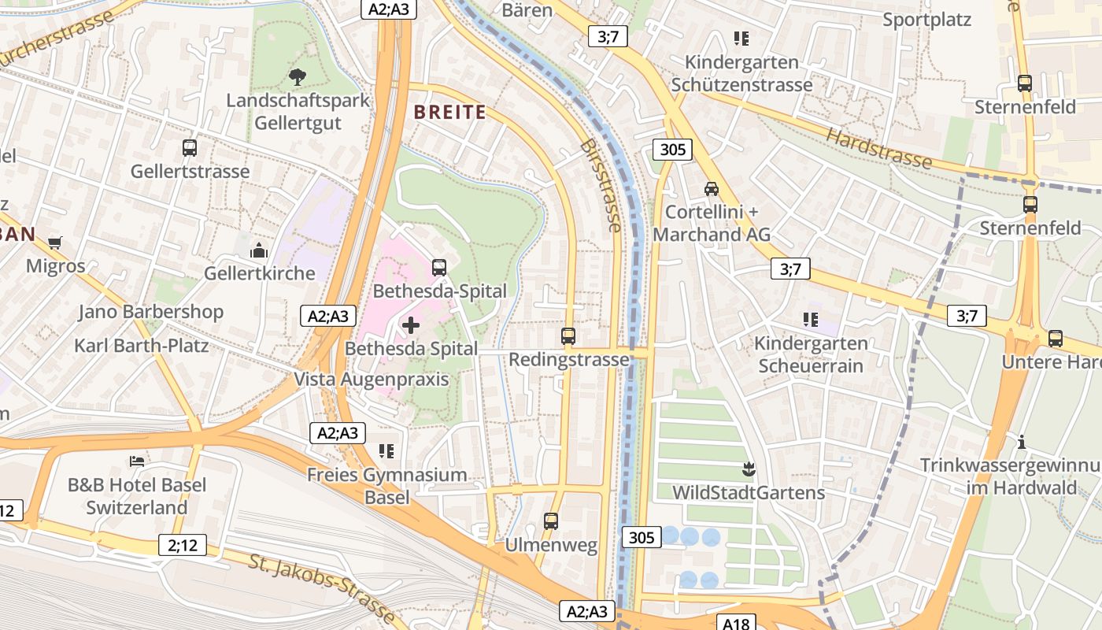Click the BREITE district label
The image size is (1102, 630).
tap(449, 112)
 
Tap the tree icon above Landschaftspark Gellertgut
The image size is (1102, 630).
tap(298, 76)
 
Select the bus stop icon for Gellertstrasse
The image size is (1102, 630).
tap(190, 147)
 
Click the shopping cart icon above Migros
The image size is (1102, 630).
tap(55, 243)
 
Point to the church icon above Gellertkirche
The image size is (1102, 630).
tap(259, 250)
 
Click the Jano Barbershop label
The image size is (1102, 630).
tap(150, 312)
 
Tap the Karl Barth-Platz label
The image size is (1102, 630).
tap(141, 346)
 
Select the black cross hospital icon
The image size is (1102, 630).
tap(411, 324)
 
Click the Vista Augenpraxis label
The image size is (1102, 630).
tap(371, 380)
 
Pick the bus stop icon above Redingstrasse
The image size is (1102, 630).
tap(568, 336)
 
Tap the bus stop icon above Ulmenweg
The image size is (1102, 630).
tap(551, 521)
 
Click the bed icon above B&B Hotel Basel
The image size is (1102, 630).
tap(138, 461)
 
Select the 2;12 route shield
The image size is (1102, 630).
tap(182, 544)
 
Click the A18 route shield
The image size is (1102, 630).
tap(736, 623)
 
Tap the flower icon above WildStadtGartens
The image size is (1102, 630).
tap(748, 470)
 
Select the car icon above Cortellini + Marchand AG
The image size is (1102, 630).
tap(712, 188)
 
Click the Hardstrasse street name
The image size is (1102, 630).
tap(878, 148)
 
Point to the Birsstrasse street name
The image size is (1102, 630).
tap(601, 186)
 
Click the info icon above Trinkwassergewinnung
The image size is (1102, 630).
tap(1022, 442)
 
